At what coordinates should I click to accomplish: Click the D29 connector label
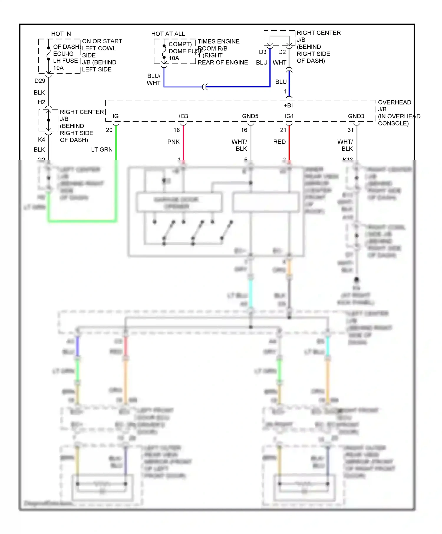coord(40,81)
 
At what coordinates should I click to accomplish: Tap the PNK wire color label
coord(173,142)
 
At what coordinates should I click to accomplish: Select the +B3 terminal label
coord(183,116)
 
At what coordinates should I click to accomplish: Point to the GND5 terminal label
coord(250,116)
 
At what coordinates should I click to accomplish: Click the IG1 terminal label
coord(289,116)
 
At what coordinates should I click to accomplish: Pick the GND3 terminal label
coord(356,116)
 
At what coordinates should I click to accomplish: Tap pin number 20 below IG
coord(109,130)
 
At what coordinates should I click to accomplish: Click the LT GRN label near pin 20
coord(102,150)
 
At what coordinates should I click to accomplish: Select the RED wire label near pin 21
coord(279,142)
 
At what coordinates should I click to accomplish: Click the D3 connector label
coord(263,52)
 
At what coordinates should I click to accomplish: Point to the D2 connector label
coord(282,52)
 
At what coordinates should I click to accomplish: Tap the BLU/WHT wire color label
coord(154,79)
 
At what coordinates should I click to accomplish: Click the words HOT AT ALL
coord(168,34)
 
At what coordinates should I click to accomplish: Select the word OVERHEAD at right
coord(394,102)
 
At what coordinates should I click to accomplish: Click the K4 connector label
coord(42,139)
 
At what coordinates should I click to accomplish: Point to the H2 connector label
coord(41,102)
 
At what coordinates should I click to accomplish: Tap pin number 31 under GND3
coord(350,130)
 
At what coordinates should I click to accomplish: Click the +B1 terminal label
coord(288,105)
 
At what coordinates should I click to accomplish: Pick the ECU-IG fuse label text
coord(63,54)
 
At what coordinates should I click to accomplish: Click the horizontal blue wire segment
coord(236,87)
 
